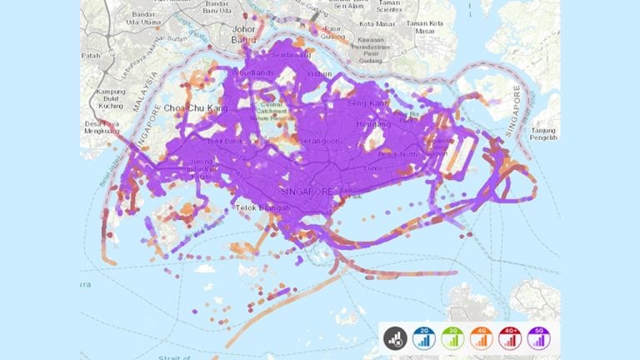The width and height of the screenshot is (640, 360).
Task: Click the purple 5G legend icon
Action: [x=540, y=337]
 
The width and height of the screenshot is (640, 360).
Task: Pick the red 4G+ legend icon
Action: [x=511, y=337]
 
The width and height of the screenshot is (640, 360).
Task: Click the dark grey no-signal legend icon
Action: [x=394, y=337]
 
